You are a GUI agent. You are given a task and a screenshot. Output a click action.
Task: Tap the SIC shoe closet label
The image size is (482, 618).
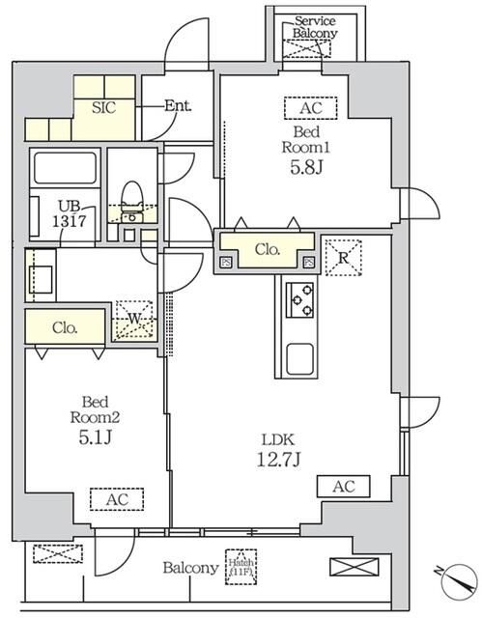[103, 107]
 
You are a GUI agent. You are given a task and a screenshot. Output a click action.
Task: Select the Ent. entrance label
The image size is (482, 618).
[177, 105]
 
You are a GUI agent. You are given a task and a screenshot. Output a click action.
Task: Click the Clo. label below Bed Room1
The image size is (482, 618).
[267, 250]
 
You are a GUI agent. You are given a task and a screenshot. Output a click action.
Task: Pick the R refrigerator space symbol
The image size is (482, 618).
[343, 258]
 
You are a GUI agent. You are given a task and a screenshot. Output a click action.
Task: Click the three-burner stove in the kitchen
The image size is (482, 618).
[299, 299]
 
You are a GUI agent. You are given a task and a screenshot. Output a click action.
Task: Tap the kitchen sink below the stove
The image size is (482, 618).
[299, 360]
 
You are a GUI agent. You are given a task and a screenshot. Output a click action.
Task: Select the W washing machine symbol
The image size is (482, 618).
[134, 320]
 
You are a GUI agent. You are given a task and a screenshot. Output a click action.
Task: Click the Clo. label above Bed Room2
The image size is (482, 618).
[66, 327]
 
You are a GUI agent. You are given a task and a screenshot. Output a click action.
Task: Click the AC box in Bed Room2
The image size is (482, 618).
[116, 498]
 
